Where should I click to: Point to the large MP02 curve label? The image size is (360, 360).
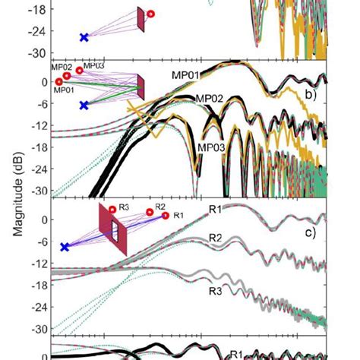pyautogui.click(x=210, y=99)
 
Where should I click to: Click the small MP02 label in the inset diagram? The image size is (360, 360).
pyautogui.click(x=62, y=68)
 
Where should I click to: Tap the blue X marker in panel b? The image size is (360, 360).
pyautogui.click(x=84, y=105)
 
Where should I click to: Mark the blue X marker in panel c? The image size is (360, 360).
pyautogui.click(x=65, y=247)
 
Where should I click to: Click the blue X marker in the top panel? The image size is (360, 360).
pyautogui.click(x=84, y=36)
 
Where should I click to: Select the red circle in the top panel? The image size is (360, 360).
pyautogui.click(x=150, y=14)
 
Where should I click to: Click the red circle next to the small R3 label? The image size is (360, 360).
pyautogui.click(x=112, y=209)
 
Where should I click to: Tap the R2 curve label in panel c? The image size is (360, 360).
pyautogui.click(x=216, y=238)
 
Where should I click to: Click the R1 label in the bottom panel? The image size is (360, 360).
pyautogui.click(x=237, y=354)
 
